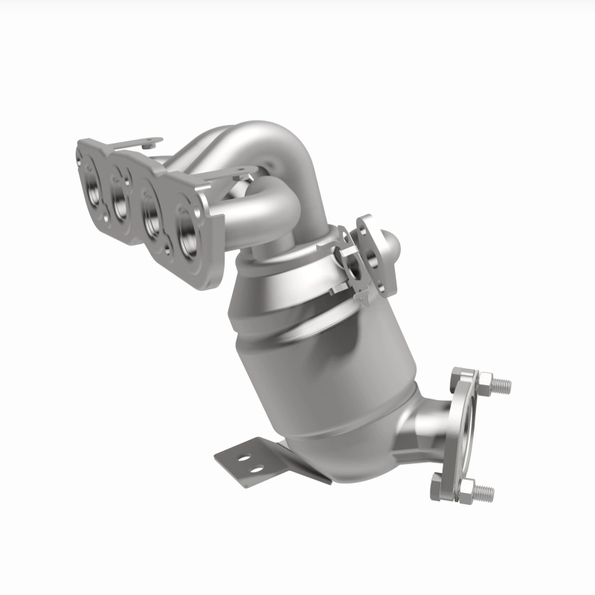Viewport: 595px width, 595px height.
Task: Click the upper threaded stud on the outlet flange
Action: click(x=502, y=386)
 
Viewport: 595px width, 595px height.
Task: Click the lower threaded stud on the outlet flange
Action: click(x=485, y=491)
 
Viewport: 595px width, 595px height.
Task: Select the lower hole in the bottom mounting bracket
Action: click(x=257, y=470)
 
